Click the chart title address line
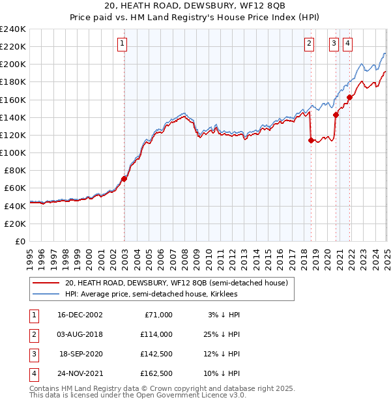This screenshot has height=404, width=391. tap(195, 7)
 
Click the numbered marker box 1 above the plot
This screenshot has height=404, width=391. tap(122, 44)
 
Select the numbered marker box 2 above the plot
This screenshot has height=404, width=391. tap(309, 44)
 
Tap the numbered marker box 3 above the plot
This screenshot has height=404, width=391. tap(334, 44)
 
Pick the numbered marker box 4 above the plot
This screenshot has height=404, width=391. tap(348, 44)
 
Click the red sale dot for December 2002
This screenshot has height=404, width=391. tap(124, 179)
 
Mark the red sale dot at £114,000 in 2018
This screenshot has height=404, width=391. tap(311, 140)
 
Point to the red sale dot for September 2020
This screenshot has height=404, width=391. tap(336, 115)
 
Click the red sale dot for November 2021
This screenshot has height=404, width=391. tap(350, 97)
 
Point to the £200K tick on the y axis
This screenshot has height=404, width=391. tap(14, 65)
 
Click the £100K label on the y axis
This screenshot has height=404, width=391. tap(14, 152)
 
